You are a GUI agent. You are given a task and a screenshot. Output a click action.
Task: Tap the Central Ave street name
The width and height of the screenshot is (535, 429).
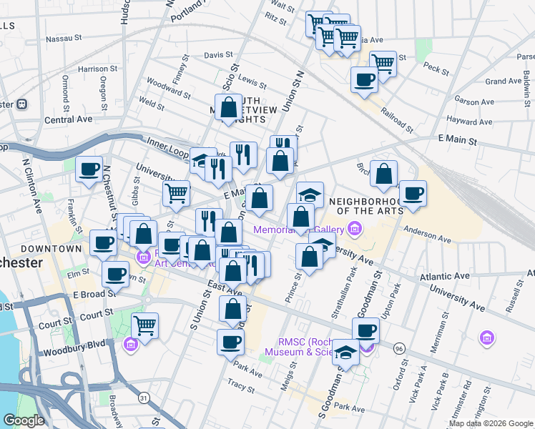pos(69,119)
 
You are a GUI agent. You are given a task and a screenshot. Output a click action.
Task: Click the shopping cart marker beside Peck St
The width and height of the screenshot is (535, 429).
pos(383,63)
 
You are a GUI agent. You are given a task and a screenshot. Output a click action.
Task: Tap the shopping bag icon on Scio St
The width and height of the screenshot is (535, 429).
pos(229,108)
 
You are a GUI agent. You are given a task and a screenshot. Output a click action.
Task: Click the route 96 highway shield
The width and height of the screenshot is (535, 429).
pos(398,347)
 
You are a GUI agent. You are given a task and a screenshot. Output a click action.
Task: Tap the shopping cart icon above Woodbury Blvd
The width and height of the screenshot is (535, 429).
pos(145,325)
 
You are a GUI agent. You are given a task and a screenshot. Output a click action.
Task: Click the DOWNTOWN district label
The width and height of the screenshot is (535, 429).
pos(51,248)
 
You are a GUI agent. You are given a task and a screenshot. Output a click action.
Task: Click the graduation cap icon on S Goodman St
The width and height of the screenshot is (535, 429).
pos(345,352)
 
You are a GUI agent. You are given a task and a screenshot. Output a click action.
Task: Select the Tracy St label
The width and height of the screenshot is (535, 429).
pos(241,388)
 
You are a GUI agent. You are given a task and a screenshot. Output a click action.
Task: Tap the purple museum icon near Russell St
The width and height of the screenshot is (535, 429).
pos(487,337)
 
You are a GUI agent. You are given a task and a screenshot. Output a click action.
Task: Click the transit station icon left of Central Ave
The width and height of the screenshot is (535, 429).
pos(21,104)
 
